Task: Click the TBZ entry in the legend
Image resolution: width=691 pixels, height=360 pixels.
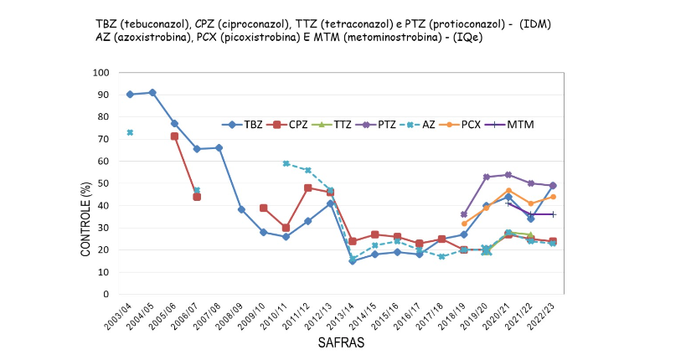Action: (242, 125)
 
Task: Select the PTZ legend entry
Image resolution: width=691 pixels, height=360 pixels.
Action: (376, 125)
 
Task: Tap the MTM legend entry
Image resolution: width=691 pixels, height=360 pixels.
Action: (509, 125)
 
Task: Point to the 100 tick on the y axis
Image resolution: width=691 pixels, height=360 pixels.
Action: (101, 73)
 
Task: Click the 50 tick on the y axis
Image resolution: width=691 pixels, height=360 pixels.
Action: (103, 183)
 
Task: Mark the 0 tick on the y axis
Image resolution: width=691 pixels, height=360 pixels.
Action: (106, 294)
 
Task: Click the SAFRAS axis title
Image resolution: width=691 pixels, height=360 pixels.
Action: (341, 342)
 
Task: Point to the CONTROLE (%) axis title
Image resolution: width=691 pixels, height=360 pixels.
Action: (85, 219)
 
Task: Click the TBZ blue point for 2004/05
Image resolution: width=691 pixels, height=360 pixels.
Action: (152, 93)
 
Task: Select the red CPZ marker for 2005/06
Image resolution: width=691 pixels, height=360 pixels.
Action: (174, 136)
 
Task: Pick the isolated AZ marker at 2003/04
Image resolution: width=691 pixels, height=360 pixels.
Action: (130, 132)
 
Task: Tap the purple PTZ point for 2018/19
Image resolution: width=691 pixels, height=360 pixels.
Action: (464, 214)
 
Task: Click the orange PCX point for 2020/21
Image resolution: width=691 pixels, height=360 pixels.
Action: (508, 191)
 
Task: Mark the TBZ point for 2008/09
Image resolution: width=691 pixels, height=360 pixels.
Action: (241, 209)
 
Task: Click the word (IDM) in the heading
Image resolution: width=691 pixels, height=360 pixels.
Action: (535, 24)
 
